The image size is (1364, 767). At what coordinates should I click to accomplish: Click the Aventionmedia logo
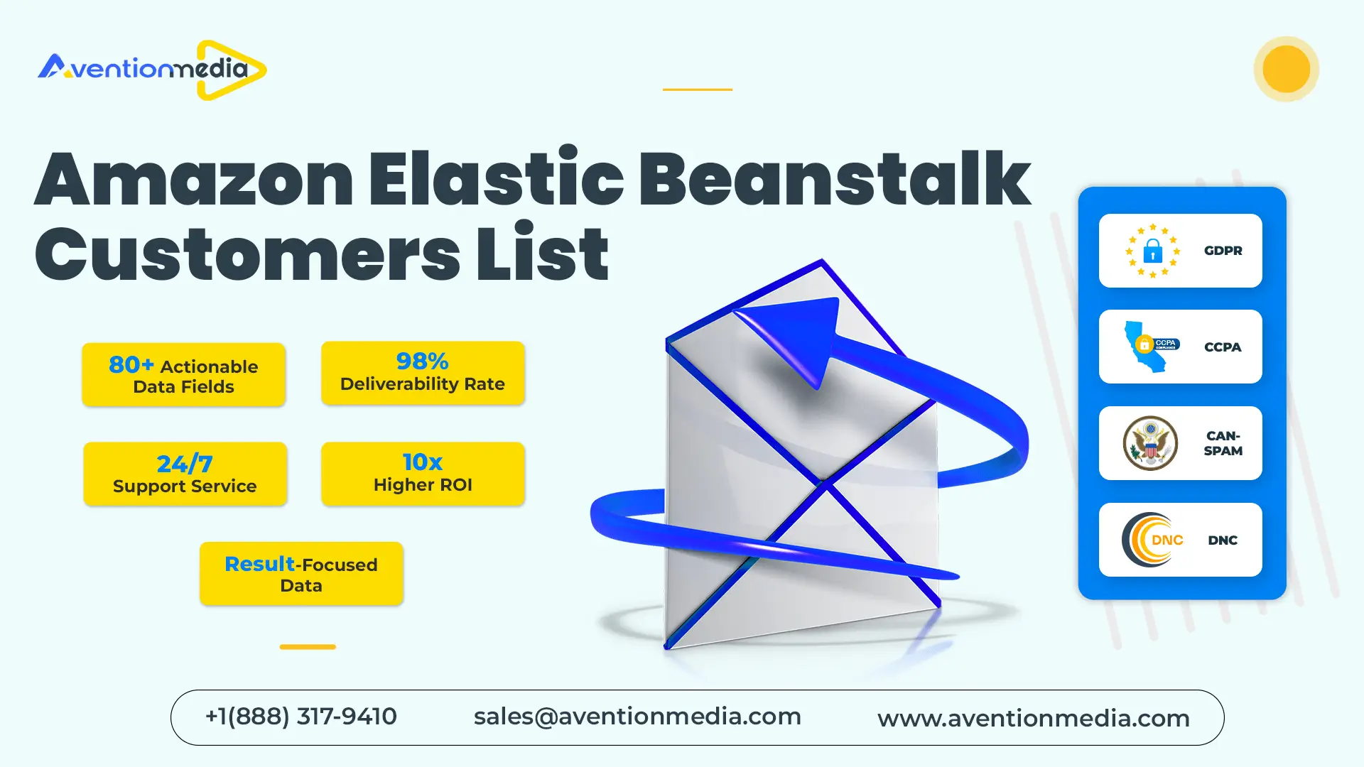(x=152, y=70)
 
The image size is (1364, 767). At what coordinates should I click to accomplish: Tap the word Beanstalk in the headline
(x=834, y=179)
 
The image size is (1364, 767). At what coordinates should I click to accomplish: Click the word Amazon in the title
(x=193, y=179)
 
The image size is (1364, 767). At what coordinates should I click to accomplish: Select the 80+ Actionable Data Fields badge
(x=183, y=375)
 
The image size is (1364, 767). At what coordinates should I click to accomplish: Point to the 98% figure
(x=422, y=361)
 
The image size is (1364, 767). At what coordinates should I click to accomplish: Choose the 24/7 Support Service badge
(x=185, y=474)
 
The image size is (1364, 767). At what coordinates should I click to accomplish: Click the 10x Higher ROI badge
(x=423, y=474)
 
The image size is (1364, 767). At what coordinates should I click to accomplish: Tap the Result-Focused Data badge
(x=301, y=574)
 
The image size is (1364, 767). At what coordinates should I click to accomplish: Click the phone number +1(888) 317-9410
(x=301, y=717)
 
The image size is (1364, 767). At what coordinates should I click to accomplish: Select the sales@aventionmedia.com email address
(x=637, y=717)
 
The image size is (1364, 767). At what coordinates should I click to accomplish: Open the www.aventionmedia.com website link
(x=1033, y=718)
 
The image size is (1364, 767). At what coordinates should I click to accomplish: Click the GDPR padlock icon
(x=1152, y=251)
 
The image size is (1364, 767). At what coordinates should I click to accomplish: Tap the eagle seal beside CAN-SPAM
(x=1150, y=443)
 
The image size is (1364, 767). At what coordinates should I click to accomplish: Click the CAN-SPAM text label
(x=1223, y=443)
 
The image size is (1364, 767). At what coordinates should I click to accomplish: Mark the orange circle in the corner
(x=1286, y=69)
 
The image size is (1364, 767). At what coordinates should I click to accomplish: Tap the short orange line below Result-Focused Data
(x=308, y=647)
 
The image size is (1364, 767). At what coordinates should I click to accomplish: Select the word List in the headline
(x=542, y=254)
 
